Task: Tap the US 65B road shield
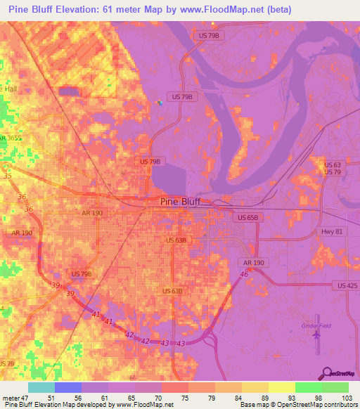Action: (x=248, y=218)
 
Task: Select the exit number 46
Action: (x=243, y=273)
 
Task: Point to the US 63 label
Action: (x=332, y=165)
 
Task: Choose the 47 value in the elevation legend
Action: (x=28, y=397)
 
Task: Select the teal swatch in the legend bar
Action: (x=41, y=387)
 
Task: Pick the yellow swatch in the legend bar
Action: (x=282, y=387)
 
